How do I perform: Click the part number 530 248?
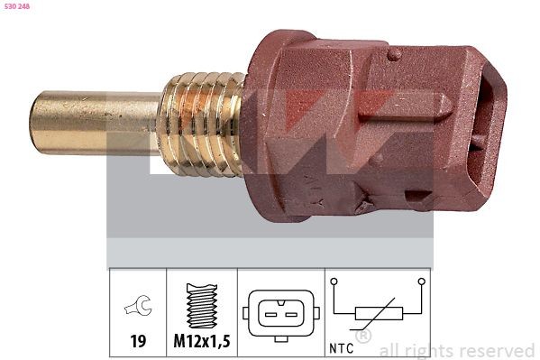point(18,6)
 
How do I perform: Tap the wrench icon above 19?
point(137,309)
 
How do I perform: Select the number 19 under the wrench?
point(137,343)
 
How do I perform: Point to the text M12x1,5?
point(202,343)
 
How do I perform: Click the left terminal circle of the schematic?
point(334,282)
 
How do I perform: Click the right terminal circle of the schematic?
point(420,282)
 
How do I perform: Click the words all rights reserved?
point(457,350)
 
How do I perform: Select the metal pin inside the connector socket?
point(475,144)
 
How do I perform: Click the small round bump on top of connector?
point(393,55)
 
